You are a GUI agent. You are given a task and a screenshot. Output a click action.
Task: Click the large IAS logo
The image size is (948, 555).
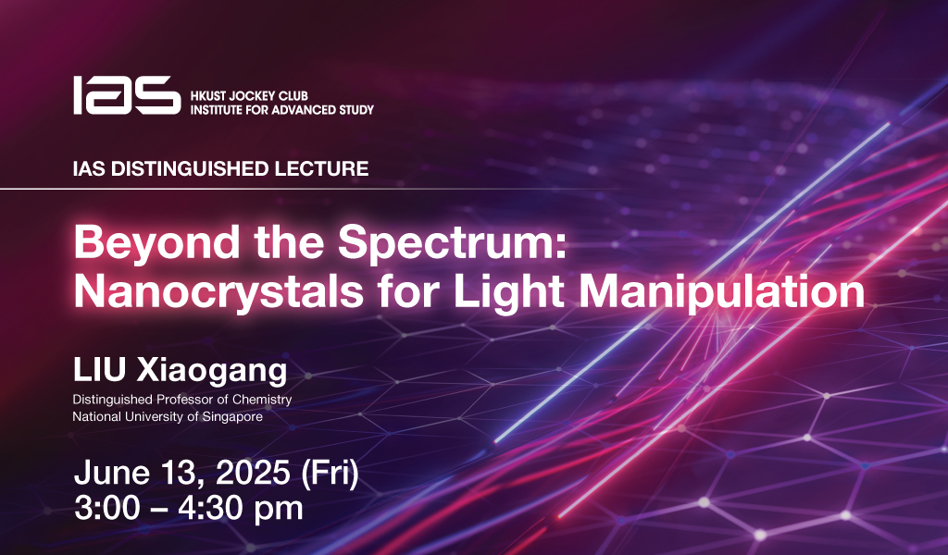pyautogui.click(x=127, y=95)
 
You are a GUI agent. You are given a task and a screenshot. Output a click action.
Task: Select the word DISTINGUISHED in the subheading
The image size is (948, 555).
pyautogui.click(x=189, y=168)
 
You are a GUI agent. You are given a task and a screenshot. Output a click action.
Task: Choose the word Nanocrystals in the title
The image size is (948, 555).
pyautogui.click(x=218, y=293)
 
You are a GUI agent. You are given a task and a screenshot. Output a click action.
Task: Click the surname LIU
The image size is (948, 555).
pyautogui.click(x=99, y=370)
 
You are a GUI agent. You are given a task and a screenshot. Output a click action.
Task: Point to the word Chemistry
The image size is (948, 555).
pyautogui.click(x=262, y=400)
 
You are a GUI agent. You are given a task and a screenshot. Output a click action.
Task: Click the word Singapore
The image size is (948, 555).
pyautogui.click(x=232, y=417)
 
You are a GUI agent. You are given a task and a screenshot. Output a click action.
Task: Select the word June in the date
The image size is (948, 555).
pyautogui.click(x=112, y=473)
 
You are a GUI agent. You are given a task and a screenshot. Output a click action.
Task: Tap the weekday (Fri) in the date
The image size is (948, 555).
pyautogui.click(x=330, y=473)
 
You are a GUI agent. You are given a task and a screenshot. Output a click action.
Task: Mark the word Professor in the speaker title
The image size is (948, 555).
pyautogui.click(x=185, y=400)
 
